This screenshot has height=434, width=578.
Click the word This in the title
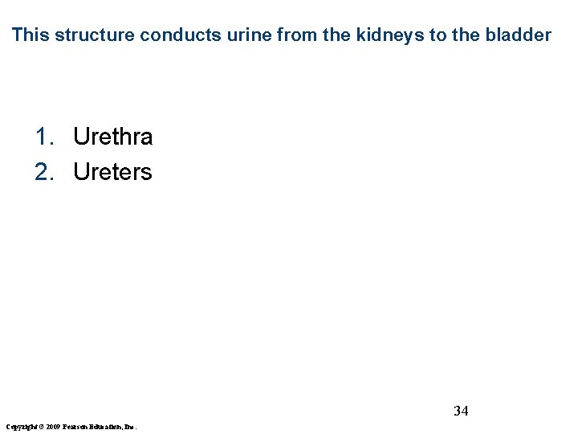tap(31, 35)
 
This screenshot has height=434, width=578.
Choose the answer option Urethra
tap(112, 137)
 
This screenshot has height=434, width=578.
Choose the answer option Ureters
tap(112, 172)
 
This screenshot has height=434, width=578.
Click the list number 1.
tap(43, 137)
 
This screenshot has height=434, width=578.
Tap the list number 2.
tap(43, 172)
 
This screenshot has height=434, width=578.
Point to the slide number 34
tap(461, 411)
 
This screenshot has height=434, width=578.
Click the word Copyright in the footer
tap(20, 426)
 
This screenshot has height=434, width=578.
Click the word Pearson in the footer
tap(72, 426)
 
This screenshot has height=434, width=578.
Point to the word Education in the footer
tap(104, 426)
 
